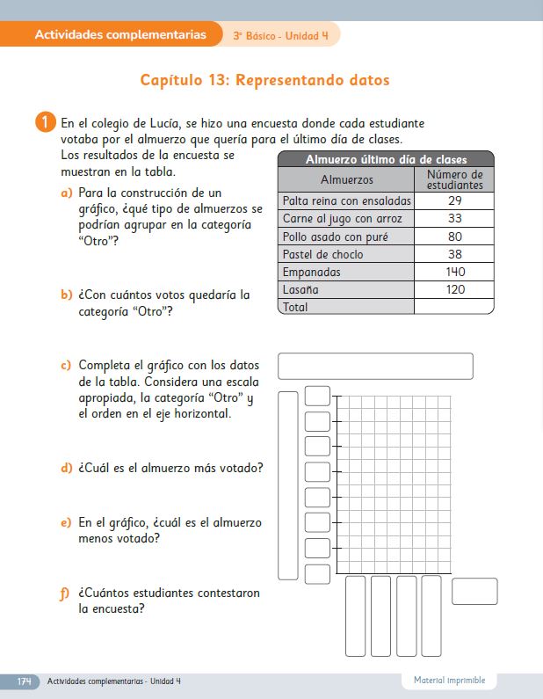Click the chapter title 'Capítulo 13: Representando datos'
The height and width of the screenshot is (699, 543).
coord(264,80)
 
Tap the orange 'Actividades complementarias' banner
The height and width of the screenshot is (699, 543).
coord(122,35)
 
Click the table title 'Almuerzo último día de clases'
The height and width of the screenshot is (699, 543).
coord(386,159)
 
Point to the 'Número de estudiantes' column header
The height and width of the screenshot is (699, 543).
coord(454,179)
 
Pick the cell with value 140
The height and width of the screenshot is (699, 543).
coord(454,272)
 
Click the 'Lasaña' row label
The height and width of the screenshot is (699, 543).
coord(300,289)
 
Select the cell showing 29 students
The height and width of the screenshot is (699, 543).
coord(454,200)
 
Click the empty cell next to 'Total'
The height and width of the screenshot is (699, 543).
coord(454,307)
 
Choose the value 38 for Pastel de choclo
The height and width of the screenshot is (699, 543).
coord(454,254)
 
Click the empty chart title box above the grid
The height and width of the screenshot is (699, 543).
coord(375,366)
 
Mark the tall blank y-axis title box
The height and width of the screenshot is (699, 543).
coord(288,485)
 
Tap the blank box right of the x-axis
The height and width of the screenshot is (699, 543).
coord(474,591)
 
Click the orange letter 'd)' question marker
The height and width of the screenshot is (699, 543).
coord(66,468)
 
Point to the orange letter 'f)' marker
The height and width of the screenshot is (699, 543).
coord(66,593)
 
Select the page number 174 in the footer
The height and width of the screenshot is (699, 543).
coord(25,681)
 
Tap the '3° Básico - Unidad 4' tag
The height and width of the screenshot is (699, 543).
coord(280,36)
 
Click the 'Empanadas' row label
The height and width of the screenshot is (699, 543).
coord(312,272)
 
